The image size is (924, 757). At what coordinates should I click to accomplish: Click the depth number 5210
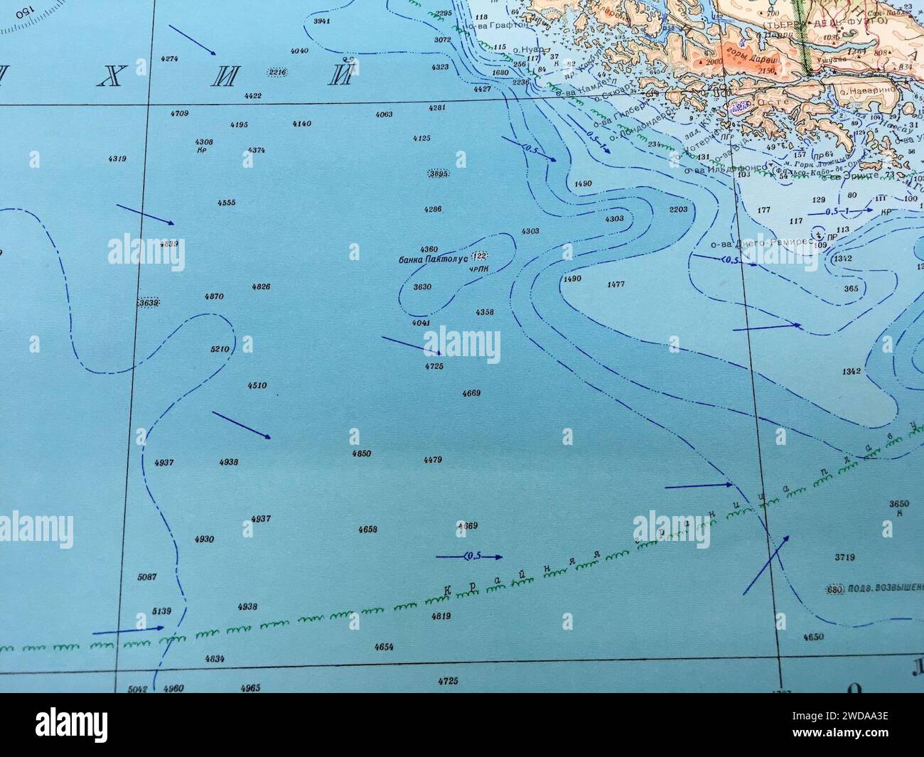click(x=220, y=350)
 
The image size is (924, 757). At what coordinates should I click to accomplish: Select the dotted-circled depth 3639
click(x=149, y=304)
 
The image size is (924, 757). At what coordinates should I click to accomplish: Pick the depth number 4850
click(x=361, y=453)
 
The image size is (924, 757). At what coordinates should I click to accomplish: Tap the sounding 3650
click(x=899, y=504)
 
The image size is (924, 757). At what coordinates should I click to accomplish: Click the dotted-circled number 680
click(x=834, y=590)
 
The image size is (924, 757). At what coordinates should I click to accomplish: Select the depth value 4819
click(x=441, y=616)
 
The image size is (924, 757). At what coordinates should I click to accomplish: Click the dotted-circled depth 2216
click(x=276, y=72)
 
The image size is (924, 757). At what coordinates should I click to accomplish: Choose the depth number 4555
click(x=226, y=203)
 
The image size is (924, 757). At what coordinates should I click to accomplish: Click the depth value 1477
click(x=616, y=284)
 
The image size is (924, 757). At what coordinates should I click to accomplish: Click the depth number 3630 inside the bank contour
click(x=422, y=287)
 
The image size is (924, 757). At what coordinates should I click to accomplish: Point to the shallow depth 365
click(x=851, y=289)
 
